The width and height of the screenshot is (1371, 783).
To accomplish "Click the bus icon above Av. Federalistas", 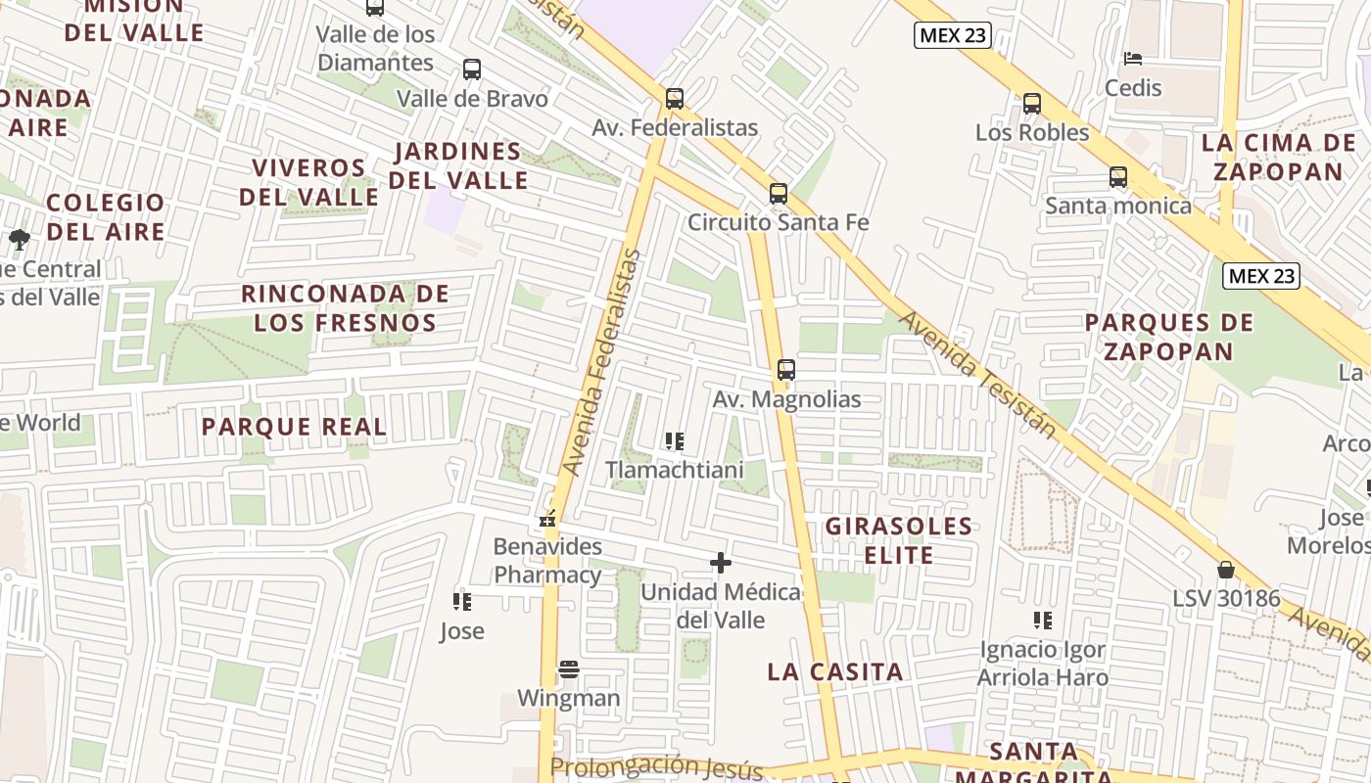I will pos(674,99).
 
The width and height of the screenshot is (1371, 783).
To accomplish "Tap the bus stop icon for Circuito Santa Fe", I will pos(779,194).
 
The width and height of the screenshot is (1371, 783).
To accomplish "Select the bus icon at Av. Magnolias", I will pos(786,370).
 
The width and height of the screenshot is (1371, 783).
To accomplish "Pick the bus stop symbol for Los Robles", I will pos(1032,104).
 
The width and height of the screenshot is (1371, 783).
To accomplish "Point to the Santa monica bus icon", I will pos(1118,177).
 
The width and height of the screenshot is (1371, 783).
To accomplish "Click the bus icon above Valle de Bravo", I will pos(472,69).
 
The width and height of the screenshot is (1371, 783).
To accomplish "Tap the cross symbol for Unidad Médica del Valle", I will pos(721,563).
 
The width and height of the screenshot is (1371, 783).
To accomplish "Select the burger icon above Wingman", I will pos(569,669).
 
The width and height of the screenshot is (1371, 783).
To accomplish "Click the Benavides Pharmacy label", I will pos(547,561).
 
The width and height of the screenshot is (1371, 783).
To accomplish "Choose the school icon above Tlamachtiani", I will pos(675,441).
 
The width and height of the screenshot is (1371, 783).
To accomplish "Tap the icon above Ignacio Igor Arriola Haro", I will pos(1043,620).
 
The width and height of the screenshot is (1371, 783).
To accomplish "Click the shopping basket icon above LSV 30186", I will pos(1225,570).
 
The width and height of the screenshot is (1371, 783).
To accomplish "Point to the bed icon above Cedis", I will pos(1133,59).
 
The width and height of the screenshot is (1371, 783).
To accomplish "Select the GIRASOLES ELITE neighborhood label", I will pos(899,540).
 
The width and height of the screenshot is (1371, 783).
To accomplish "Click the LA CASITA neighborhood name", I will pos(835,671).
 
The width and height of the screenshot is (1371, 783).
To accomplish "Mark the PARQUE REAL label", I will pos(294,427).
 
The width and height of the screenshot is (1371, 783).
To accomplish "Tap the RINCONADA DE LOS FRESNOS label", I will pos(346,307).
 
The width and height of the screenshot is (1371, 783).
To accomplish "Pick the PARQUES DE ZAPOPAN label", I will pos(1169,337).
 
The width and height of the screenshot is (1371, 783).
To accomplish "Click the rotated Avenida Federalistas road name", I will pos(601,362).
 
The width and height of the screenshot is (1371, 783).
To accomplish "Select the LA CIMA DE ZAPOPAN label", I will pos(1278,157).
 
